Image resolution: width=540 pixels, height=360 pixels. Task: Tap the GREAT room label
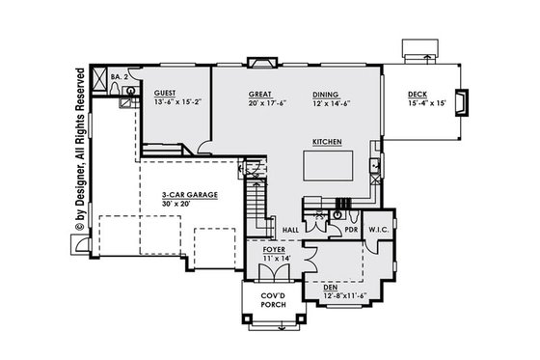(262, 94)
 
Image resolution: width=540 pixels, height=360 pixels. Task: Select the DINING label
(325, 94)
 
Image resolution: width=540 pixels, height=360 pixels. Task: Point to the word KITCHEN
(328, 142)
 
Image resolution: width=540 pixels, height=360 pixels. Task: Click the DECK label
(418, 94)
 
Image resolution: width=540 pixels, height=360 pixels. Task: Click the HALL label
(289, 229)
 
